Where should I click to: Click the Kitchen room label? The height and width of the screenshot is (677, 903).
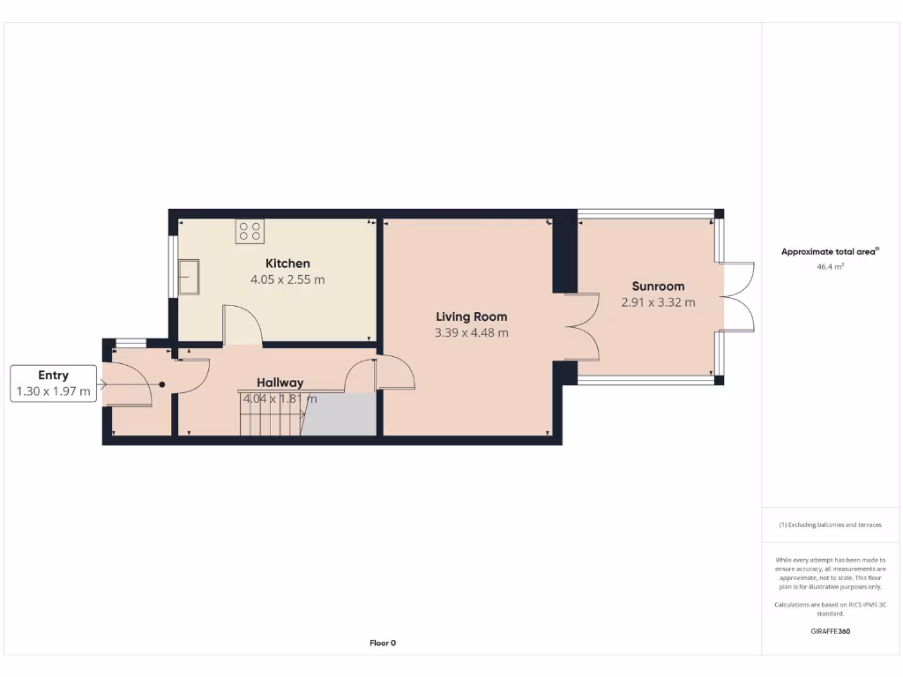[287, 264]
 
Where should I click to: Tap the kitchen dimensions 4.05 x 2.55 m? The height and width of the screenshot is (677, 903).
[287, 280]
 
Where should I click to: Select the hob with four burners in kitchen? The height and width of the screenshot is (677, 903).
[250, 231]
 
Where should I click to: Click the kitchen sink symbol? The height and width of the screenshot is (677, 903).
[189, 278]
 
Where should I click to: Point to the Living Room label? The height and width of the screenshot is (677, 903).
[471, 316]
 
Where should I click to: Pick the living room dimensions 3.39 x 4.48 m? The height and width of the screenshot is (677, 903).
[471, 333]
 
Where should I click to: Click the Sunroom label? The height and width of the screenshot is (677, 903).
[658, 286]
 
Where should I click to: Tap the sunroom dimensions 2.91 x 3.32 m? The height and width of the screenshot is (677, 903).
[658, 302]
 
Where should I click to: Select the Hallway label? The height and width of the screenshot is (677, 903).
[280, 383]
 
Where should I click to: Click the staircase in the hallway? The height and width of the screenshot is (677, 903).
[270, 415]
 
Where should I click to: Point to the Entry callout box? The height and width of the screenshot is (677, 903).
[53, 383]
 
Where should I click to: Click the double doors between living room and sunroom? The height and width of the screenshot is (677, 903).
[582, 327]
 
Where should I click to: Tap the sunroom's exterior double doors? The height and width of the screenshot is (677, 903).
[739, 295]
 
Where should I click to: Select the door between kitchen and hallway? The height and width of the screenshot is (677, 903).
[243, 324]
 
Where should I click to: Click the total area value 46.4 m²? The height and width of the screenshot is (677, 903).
[830, 265]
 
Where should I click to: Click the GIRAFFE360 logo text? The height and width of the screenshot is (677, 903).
[830, 631]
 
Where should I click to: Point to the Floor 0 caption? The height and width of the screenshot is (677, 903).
[383, 644]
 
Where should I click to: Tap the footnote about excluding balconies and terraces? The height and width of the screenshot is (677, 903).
[830, 524]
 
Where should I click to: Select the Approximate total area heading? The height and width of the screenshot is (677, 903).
[830, 252]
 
